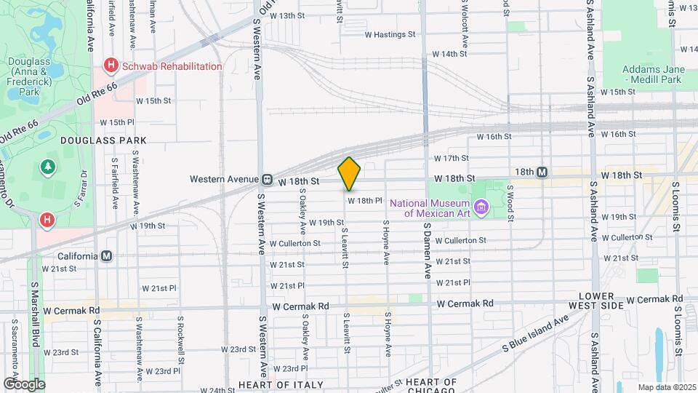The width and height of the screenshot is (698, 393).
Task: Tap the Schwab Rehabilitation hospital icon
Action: (x=111, y=66)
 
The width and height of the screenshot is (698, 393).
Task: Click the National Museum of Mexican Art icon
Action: (x=480, y=209)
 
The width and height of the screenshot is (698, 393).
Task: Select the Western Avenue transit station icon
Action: (x=268, y=179)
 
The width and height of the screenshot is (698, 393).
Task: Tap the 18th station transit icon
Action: (x=542, y=172)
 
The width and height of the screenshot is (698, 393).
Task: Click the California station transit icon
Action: (x=107, y=256)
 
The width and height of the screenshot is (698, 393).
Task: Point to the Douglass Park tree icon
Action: (x=49, y=167)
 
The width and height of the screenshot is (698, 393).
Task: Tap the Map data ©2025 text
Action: (x=666, y=386)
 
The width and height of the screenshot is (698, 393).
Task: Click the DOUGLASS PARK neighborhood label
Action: (x=103, y=140)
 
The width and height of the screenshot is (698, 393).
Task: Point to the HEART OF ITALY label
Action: (x=273, y=384)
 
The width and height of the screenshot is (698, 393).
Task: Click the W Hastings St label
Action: (x=389, y=34)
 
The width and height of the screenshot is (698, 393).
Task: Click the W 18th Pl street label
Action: (x=364, y=200)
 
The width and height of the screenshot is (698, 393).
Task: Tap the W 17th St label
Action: (x=451, y=158)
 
